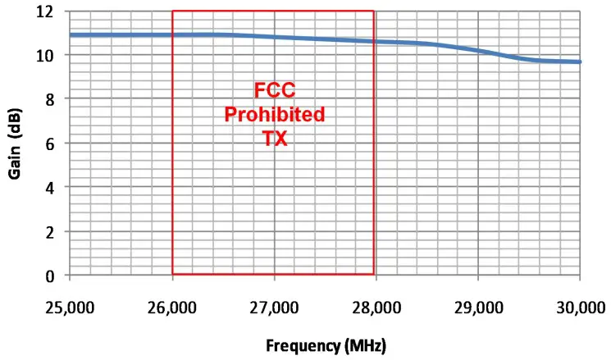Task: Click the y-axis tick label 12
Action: [48, 11]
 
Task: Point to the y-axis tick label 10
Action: [48, 56]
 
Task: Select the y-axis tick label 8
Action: [52, 99]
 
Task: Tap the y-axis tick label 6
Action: [52, 144]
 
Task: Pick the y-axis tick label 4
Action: [52, 188]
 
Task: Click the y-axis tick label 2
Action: [52, 232]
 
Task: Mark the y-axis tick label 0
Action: [52, 276]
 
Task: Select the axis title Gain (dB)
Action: [15, 144]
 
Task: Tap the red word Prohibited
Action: [273, 113]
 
